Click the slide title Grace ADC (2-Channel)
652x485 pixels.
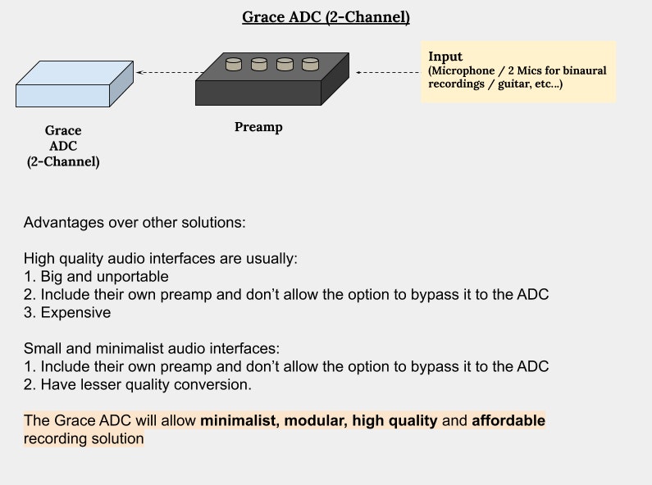pos(326,17)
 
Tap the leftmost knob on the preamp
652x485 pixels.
pos(234,62)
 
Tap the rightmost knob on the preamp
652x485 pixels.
pos(310,62)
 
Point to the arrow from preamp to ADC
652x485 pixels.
pos(167,72)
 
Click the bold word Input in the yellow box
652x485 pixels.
pos(446,57)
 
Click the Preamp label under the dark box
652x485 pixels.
pos(258,127)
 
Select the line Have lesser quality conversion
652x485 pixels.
pos(144,383)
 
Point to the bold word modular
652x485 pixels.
pos(316,420)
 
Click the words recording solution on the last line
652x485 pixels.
pos(84,438)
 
